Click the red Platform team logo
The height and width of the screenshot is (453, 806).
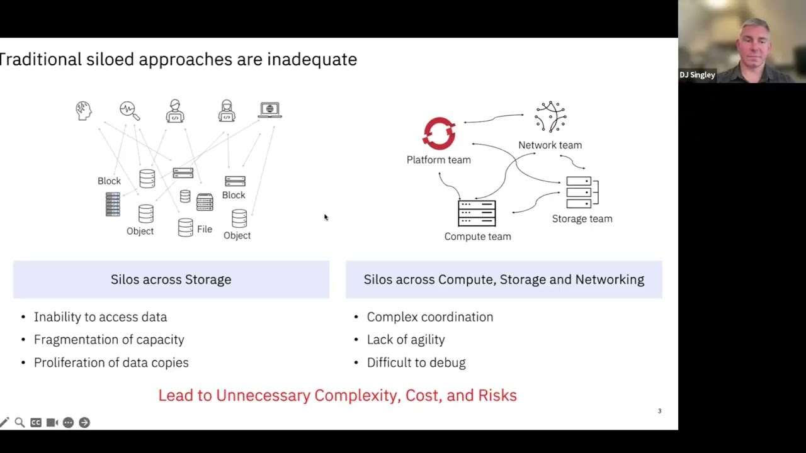439,133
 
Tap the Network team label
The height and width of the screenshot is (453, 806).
550,145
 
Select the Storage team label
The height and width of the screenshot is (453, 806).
582,219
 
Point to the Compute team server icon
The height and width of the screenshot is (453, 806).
477,213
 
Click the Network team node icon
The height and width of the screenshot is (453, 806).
550,117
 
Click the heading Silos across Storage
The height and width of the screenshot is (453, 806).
171,279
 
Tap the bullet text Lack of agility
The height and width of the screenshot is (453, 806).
406,340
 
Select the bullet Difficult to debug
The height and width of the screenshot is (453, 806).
416,363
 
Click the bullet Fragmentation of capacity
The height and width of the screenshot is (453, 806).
109,340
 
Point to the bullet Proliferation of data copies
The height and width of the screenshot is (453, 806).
111,363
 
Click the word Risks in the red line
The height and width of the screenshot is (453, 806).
497,396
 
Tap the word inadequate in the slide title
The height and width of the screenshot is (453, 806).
312,60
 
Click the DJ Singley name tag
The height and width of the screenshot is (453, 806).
697,75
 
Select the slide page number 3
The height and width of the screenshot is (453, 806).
660,411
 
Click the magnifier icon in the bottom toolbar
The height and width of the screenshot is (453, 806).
20,423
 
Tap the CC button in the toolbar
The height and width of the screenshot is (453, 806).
36,423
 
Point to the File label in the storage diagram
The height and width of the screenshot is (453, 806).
205,230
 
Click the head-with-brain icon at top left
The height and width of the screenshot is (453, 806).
83,111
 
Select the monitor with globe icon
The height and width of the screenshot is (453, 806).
270,111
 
